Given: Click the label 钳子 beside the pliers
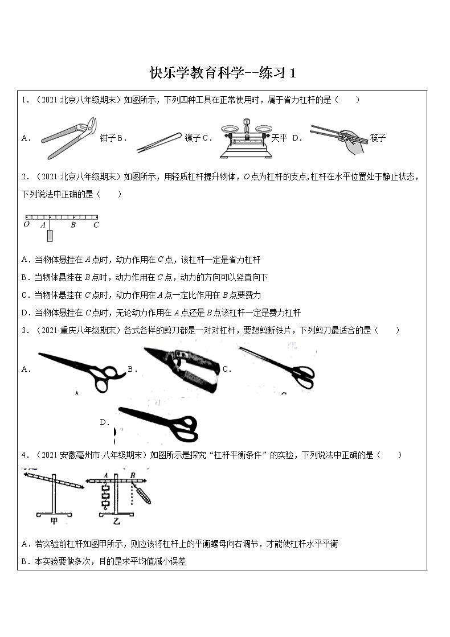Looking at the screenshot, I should (x=108, y=138).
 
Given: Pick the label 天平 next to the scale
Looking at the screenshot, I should (x=279, y=138).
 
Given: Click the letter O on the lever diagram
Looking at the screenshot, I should (x=26, y=225).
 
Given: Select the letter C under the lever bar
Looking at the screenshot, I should (x=96, y=225).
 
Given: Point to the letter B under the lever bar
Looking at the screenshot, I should (x=73, y=225).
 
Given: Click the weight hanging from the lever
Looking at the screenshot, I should (x=50, y=236).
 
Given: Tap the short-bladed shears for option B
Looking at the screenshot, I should (x=182, y=368).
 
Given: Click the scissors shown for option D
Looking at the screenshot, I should (x=159, y=424).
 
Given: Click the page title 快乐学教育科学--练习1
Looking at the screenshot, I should (x=223, y=73).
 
